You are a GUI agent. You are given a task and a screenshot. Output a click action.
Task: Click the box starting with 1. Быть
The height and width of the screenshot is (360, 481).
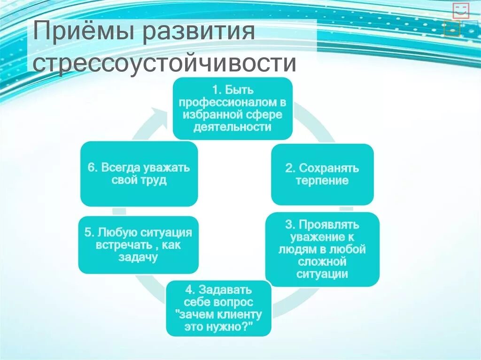(233, 108)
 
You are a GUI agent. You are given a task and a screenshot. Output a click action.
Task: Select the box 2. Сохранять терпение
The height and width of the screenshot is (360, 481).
(322, 174)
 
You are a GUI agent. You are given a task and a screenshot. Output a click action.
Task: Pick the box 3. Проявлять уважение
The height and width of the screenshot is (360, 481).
(322, 249)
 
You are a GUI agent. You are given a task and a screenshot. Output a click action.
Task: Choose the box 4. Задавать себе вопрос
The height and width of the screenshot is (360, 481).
(219, 308)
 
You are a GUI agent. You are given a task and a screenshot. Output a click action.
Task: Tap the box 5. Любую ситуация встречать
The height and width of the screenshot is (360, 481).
(139, 245)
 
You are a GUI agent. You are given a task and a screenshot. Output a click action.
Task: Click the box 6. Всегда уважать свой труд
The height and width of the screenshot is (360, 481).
(139, 174)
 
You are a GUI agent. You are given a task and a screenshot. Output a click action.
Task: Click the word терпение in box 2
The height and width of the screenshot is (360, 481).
(322, 181)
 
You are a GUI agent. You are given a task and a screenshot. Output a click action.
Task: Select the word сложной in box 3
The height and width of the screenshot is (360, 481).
(322, 261)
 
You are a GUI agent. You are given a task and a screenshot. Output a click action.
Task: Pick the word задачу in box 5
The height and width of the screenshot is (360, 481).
(139, 257)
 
